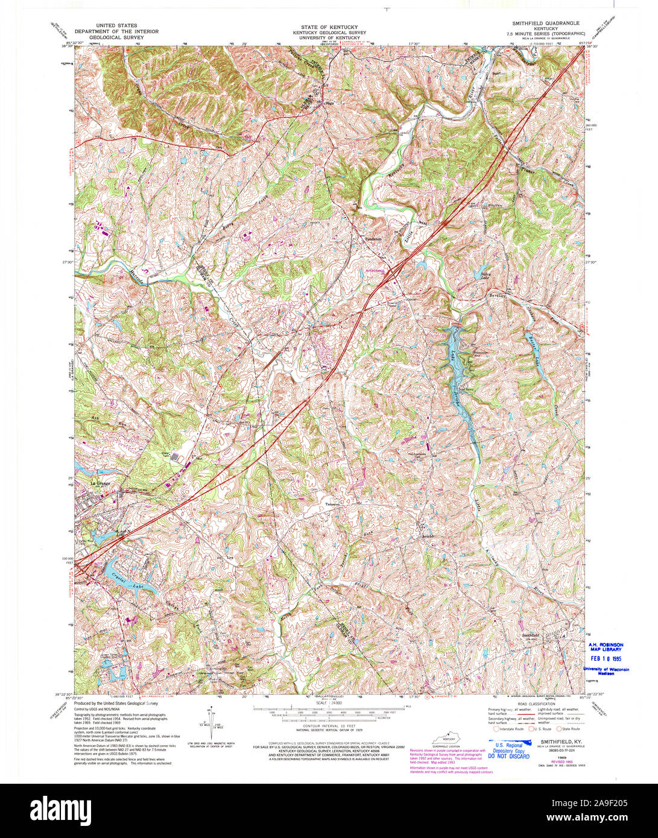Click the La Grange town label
101,483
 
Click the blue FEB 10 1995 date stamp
609,659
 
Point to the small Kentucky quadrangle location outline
447,739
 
